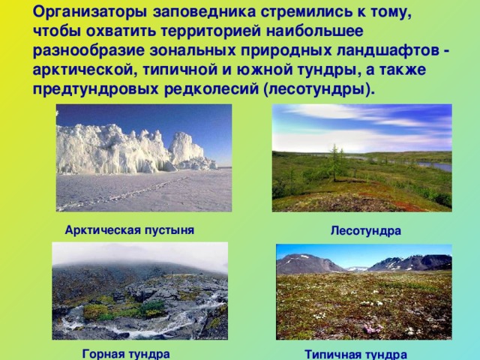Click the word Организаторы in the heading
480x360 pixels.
(91, 13)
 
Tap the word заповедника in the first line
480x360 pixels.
(205, 12)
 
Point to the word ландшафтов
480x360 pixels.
(388, 51)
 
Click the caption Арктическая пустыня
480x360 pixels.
(130, 230)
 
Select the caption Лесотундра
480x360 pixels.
(366, 230)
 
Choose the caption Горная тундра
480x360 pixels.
(126, 354)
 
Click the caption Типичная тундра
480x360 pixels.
(355, 355)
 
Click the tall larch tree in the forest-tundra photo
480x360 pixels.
(334, 162)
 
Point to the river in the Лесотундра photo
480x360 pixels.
(435, 166)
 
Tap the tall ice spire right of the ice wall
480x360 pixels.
(184, 148)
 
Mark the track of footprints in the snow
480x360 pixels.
(122, 193)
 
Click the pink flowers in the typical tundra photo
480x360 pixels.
(373, 328)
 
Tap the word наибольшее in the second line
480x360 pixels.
(314, 31)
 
